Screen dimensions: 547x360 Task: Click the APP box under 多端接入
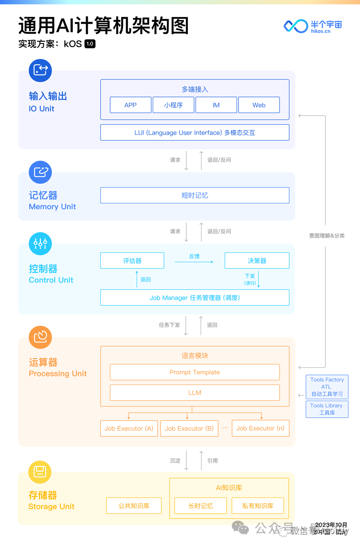[x=131, y=105]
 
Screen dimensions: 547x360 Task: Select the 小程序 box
[x=173, y=105]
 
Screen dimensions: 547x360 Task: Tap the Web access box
[x=259, y=105]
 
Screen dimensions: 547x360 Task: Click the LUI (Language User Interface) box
[x=195, y=133]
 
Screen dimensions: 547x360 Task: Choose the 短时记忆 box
[x=195, y=195]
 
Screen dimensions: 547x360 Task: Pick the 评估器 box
[x=132, y=261]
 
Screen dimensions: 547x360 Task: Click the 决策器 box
[x=257, y=261]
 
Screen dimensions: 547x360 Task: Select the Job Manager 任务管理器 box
[x=195, y=298]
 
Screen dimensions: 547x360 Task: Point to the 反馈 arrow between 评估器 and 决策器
[x=194, y=262]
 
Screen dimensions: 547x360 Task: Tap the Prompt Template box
[x=195, y=372]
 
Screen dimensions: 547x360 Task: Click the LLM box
[x=195, y=393]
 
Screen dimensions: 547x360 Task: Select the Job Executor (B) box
[x=189, y=428]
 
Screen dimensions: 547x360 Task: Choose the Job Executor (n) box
[x=260, y=428]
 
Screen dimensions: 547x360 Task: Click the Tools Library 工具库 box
[x=327, y=409]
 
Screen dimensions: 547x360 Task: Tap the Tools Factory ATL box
[x=327, y=387]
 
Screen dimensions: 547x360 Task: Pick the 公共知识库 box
[x=134, y=506]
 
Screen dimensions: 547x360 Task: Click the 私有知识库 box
[x=258, y=506]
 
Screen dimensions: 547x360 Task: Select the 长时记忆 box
[x=201, y=506]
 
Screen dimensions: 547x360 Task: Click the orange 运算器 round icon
[x=40, y=337]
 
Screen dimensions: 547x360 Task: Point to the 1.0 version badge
[x=90, y=44]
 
